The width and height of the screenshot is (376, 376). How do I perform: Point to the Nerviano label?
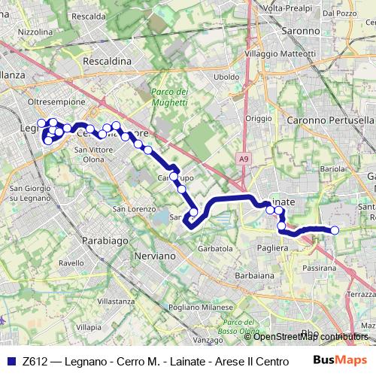[x=152, y=256]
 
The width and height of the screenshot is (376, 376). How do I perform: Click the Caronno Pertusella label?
[x=330, y=120]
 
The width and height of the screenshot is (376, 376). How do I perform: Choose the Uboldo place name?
[x=226, y=77]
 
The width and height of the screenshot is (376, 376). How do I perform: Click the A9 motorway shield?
[x=244, y=159]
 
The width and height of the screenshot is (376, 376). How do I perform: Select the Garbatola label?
[x=214, y=248]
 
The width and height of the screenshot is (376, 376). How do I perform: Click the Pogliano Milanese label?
[x=198, y=308]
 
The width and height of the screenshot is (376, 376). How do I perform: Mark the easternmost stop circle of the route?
[x=335, y=230]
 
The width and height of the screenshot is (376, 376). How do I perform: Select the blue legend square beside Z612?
[x=10, y=361]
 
